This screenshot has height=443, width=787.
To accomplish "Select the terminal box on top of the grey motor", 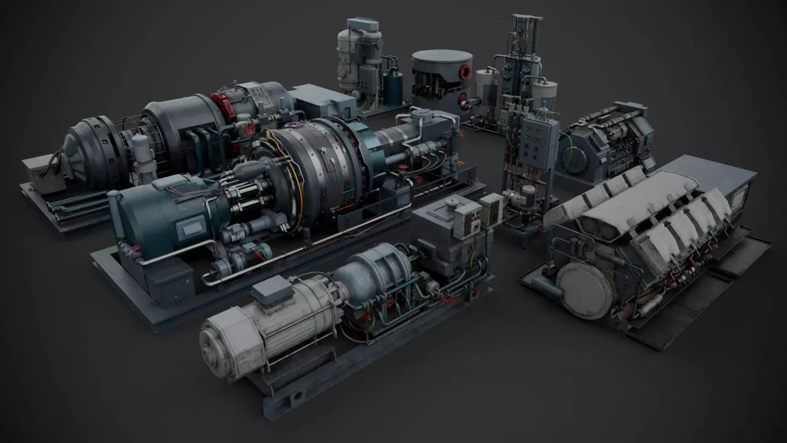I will pyautogui.click(x=272, y=291).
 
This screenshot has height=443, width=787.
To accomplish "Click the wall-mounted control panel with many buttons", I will pyautogui.click(x=538, y=142).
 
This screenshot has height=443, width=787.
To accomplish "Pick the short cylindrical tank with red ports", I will pyautogui.click(x=441, y=81).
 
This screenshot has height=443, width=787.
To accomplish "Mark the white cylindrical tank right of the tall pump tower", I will pyautogui.click(x=544, y=92).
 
